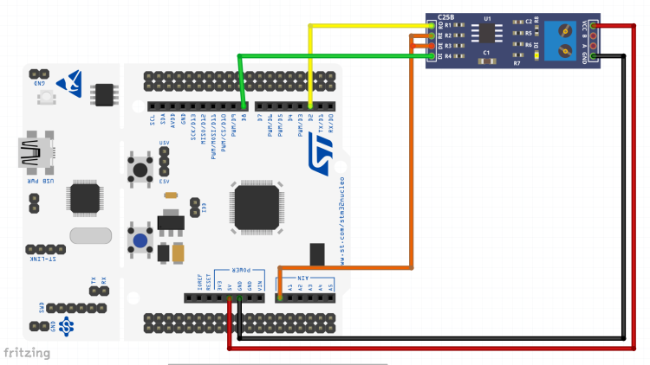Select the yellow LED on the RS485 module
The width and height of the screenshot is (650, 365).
tap(536, 57)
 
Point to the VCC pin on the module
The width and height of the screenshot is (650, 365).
tap(594, 26)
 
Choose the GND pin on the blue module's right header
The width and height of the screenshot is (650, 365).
tap(594, 58)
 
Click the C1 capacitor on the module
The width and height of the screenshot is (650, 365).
tap(487, 58)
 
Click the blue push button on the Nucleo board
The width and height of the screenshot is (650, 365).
tap(139, 239)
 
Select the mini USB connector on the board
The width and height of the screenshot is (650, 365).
tap(33, 155)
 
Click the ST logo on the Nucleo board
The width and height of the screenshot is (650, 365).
tap(322, 150)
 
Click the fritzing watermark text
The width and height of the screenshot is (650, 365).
tap(25, 352)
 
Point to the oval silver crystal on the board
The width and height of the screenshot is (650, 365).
tap(90, 236)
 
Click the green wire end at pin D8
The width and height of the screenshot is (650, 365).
tap(245, 110)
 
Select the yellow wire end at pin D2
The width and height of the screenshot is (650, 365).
tap(310, 110)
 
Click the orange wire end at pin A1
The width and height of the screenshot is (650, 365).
tap(278, 298)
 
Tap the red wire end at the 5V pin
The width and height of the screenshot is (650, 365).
tap(229, 299)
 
